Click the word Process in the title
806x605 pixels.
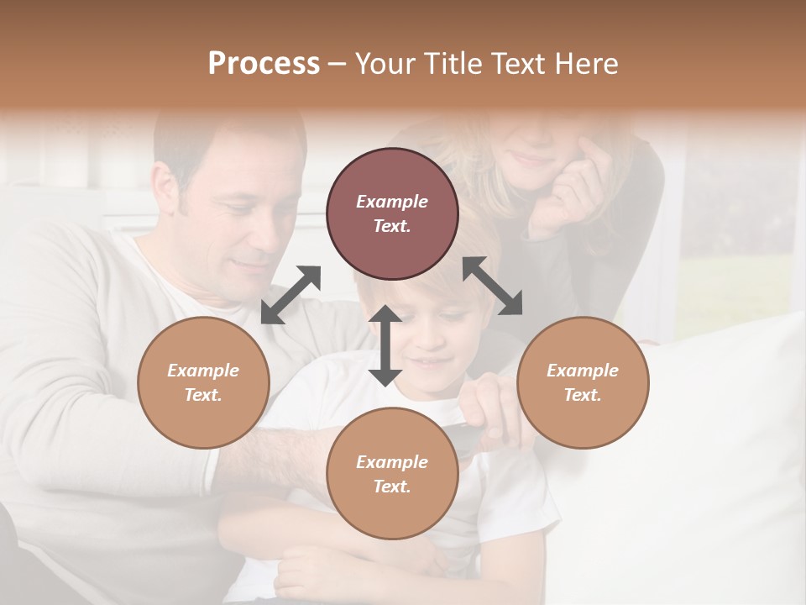[x=264, y=64]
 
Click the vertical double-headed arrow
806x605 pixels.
[x=385, y=345]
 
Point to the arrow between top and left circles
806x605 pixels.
[x=290, y=295]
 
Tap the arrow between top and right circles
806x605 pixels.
[x=492, y=287]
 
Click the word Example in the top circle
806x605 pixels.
[x=392, y=202]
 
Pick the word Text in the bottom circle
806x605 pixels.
[x=392, y=487]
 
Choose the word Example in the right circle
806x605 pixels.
[x=583, y=371]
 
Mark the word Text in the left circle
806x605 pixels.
[x=203, y=395]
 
